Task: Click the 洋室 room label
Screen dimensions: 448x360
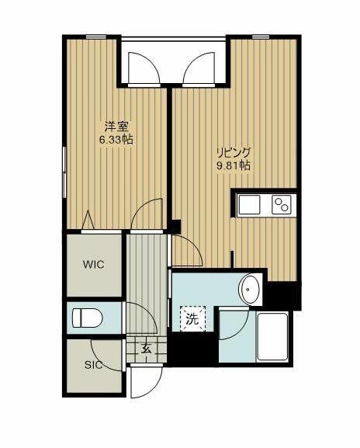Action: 116,127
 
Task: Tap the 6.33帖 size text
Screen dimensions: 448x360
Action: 116,140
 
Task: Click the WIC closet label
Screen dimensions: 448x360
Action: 94,264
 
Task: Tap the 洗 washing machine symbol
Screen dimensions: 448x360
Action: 192,318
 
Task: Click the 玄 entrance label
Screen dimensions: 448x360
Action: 146,349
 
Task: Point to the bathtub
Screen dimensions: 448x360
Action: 272,336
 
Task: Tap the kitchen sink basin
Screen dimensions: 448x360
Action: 250,205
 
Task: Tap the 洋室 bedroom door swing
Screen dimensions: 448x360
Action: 147,214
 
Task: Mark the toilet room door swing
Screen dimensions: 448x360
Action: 137,318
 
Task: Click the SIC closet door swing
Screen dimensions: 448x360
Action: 109,356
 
